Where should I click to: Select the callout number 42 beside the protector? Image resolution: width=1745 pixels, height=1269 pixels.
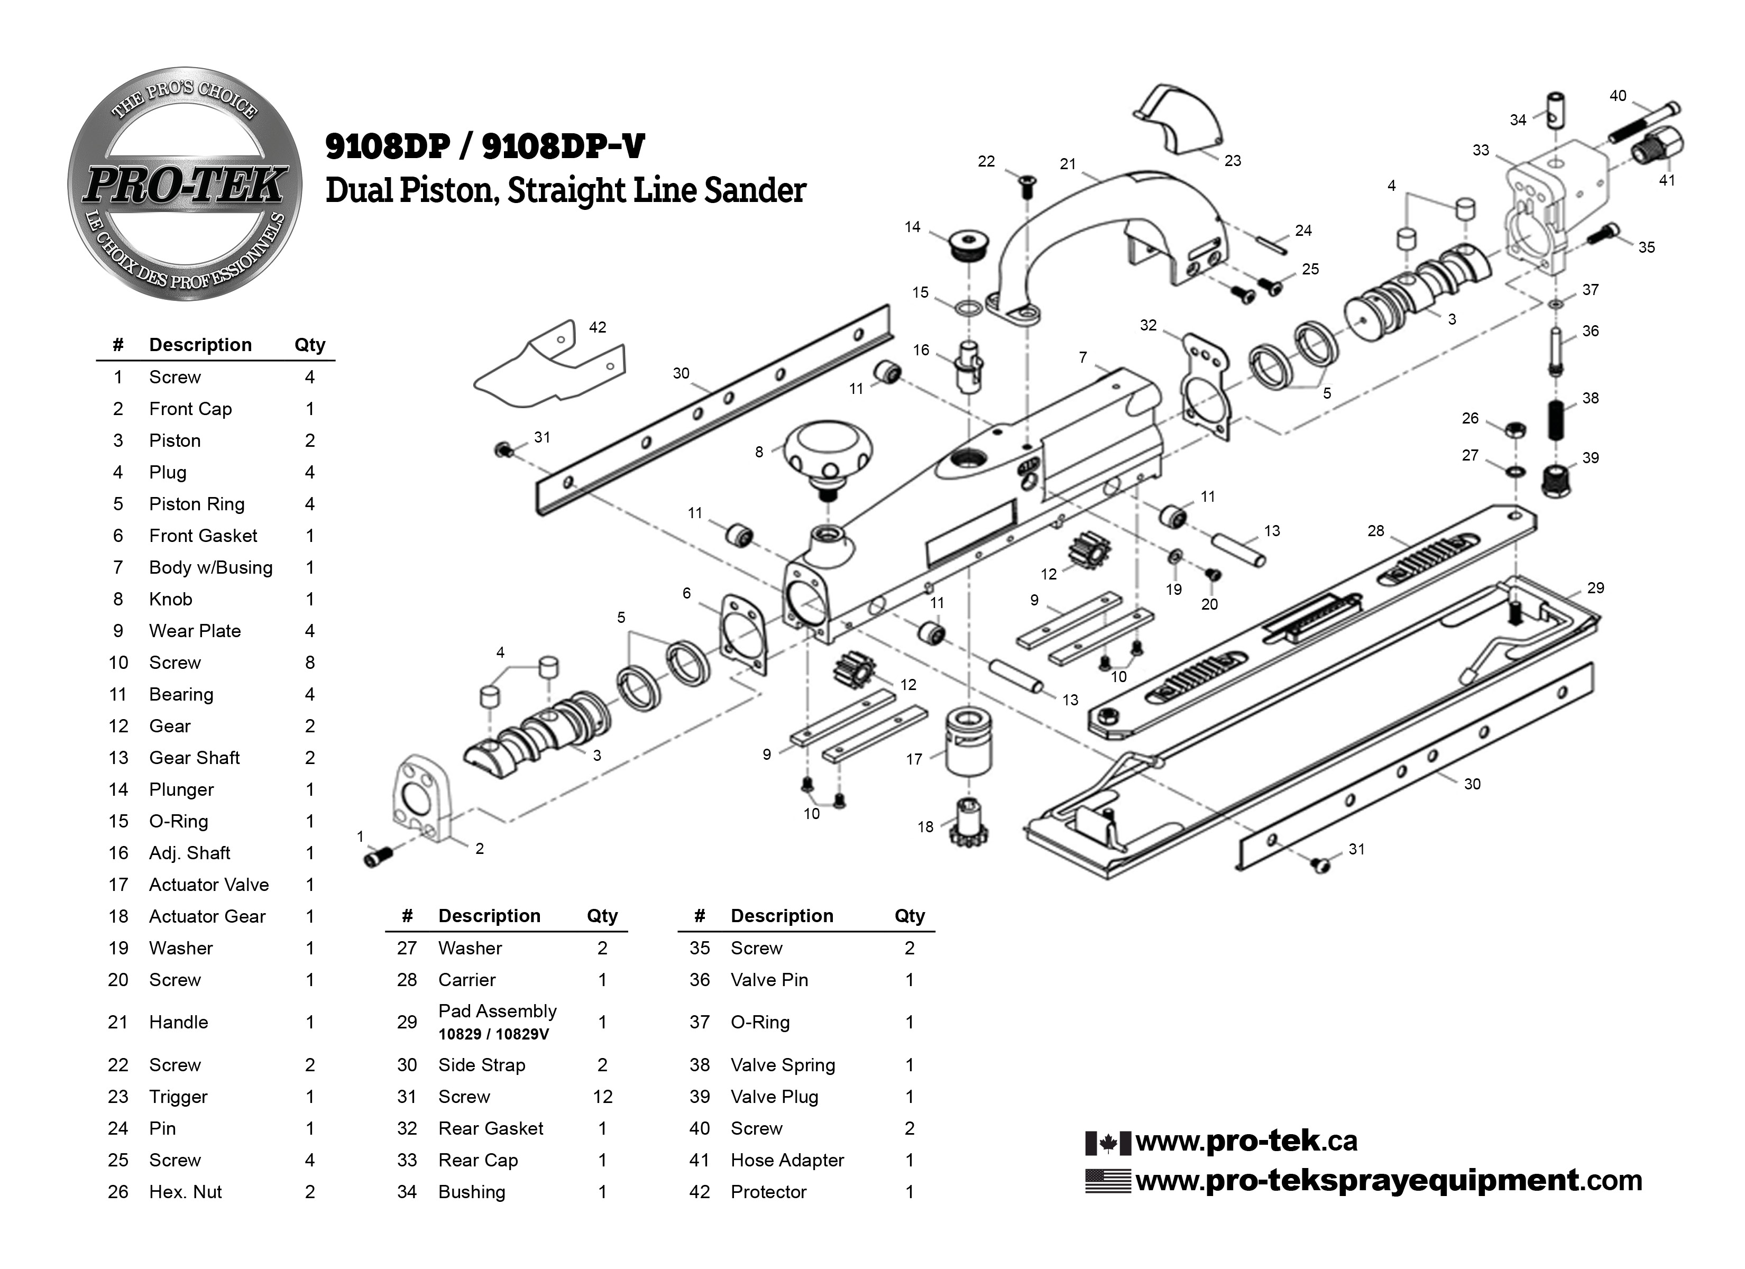point(597,327)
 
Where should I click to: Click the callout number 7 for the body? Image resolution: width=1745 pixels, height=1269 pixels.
point(1082,357)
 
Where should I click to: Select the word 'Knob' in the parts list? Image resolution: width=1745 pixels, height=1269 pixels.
point(170,600)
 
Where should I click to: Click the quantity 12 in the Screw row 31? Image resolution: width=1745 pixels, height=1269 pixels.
point(602,1097)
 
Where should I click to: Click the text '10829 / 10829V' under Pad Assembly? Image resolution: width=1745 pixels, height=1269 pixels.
point(493,1034)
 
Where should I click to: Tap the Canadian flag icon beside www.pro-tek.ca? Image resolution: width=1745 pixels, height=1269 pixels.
point(1107,1142)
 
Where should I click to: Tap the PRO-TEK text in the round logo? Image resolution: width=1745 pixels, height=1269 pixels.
point(185,186)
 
